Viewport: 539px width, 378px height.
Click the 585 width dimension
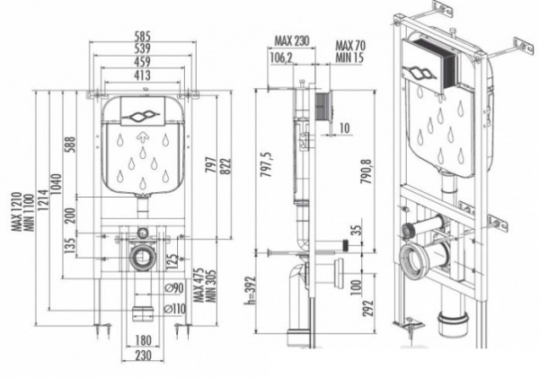point(142,37)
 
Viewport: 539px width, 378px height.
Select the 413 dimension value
point(142,75)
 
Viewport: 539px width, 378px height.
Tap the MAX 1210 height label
point(17,211)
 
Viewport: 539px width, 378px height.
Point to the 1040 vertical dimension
point(57,184)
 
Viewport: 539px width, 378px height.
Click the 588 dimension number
point(70,145)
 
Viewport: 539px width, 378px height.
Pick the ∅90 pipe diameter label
point(173,288)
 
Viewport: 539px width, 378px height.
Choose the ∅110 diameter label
point(175,309)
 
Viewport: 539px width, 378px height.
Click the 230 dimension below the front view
point(142,355)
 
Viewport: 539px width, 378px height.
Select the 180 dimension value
point(143,340)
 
